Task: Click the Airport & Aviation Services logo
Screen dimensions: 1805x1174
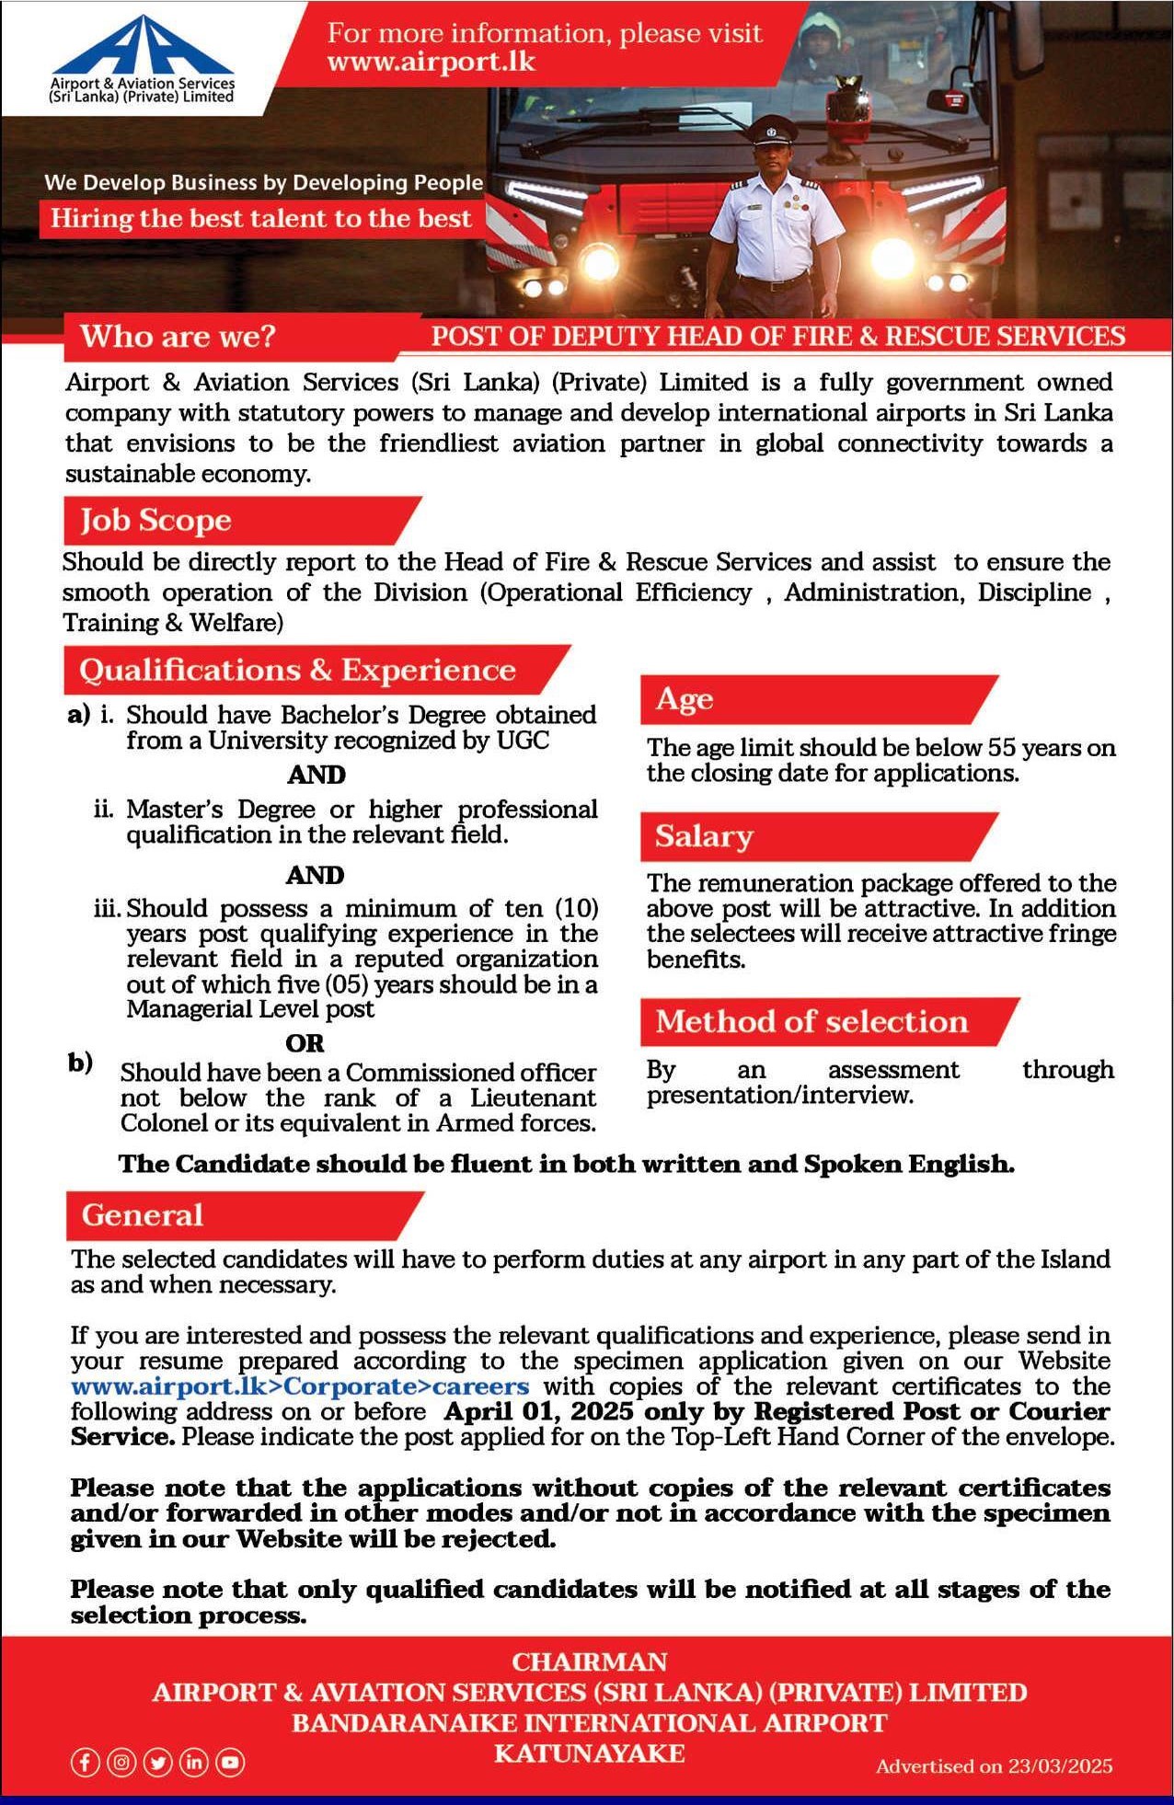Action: point(142,58)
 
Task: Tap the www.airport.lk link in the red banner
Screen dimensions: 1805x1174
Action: point(431,63)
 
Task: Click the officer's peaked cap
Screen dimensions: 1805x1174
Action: point(772,130)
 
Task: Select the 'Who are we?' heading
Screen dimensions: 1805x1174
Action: point(178,336)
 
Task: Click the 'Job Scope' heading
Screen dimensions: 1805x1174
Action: point(155,521)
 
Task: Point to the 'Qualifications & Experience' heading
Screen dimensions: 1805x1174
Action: point(297,670)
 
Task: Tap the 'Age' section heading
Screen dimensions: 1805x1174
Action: point(685,700)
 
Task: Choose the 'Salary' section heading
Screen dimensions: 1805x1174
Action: point(704,836)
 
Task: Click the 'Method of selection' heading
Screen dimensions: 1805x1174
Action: point(811,1021)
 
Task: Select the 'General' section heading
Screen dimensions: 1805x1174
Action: point(143,1215)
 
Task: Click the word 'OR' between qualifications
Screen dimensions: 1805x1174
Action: point(305,1043)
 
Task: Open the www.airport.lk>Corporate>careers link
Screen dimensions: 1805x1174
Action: point(300,1386)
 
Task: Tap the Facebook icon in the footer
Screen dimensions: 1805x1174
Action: point(85,1762)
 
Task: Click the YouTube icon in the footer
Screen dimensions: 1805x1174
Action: point(230,1762)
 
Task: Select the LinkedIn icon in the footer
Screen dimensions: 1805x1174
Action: point(194,1762)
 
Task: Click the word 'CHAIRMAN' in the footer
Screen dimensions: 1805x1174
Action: point(589,1661)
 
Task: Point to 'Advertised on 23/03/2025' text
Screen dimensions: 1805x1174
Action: point(994,1765)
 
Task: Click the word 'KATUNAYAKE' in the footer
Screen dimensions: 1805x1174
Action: point(589,1753)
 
